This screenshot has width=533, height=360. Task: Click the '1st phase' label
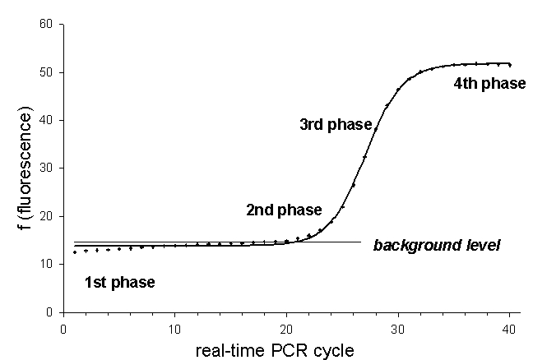[120, 283]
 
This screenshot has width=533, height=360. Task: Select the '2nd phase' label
[284, 210]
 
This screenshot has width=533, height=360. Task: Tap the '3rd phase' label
[335, 125]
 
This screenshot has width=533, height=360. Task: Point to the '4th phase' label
[489, 83]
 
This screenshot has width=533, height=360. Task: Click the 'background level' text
[436, 245]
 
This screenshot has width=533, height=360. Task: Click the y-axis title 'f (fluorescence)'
[27, 168]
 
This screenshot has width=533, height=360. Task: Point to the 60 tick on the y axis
[46, 25]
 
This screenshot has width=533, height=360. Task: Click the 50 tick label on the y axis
[46, 72]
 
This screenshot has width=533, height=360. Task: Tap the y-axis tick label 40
[46, 121]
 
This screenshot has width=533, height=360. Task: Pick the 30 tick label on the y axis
[46, 168]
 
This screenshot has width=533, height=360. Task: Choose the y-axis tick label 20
[46, 216]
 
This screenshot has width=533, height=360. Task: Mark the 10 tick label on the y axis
[46, 264]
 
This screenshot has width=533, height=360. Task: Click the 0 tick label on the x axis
[64, 327]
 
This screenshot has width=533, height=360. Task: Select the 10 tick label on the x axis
[174, 327]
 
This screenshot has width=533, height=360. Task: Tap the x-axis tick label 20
[286, 327]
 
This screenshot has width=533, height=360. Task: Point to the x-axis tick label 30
[398, 327]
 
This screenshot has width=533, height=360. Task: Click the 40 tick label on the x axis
[509, 327]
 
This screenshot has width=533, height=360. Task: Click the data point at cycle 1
[75, 252]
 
